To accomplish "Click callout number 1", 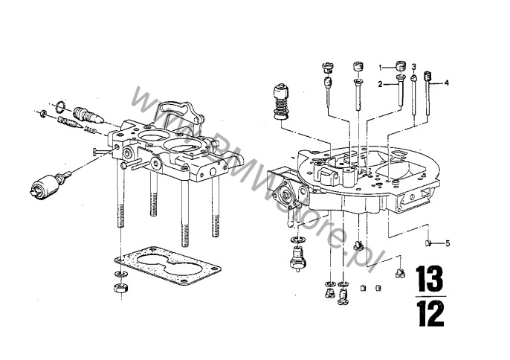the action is click(380, 68).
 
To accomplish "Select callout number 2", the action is click(380, 85).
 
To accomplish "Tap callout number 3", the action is click(413, 67).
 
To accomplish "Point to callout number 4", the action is click(447, 83).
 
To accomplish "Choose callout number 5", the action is click(448, 243).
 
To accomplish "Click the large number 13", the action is click(430, 279).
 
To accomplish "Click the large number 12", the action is click(430, 313).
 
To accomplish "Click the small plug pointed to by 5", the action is click(428, 242).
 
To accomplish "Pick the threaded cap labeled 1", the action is click(401, 65).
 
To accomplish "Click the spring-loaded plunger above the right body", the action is click(281, 102).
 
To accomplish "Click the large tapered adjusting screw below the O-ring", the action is click(88, 115).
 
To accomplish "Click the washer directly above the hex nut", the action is click(120, 274).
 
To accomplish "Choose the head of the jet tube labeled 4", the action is click(427, 76).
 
